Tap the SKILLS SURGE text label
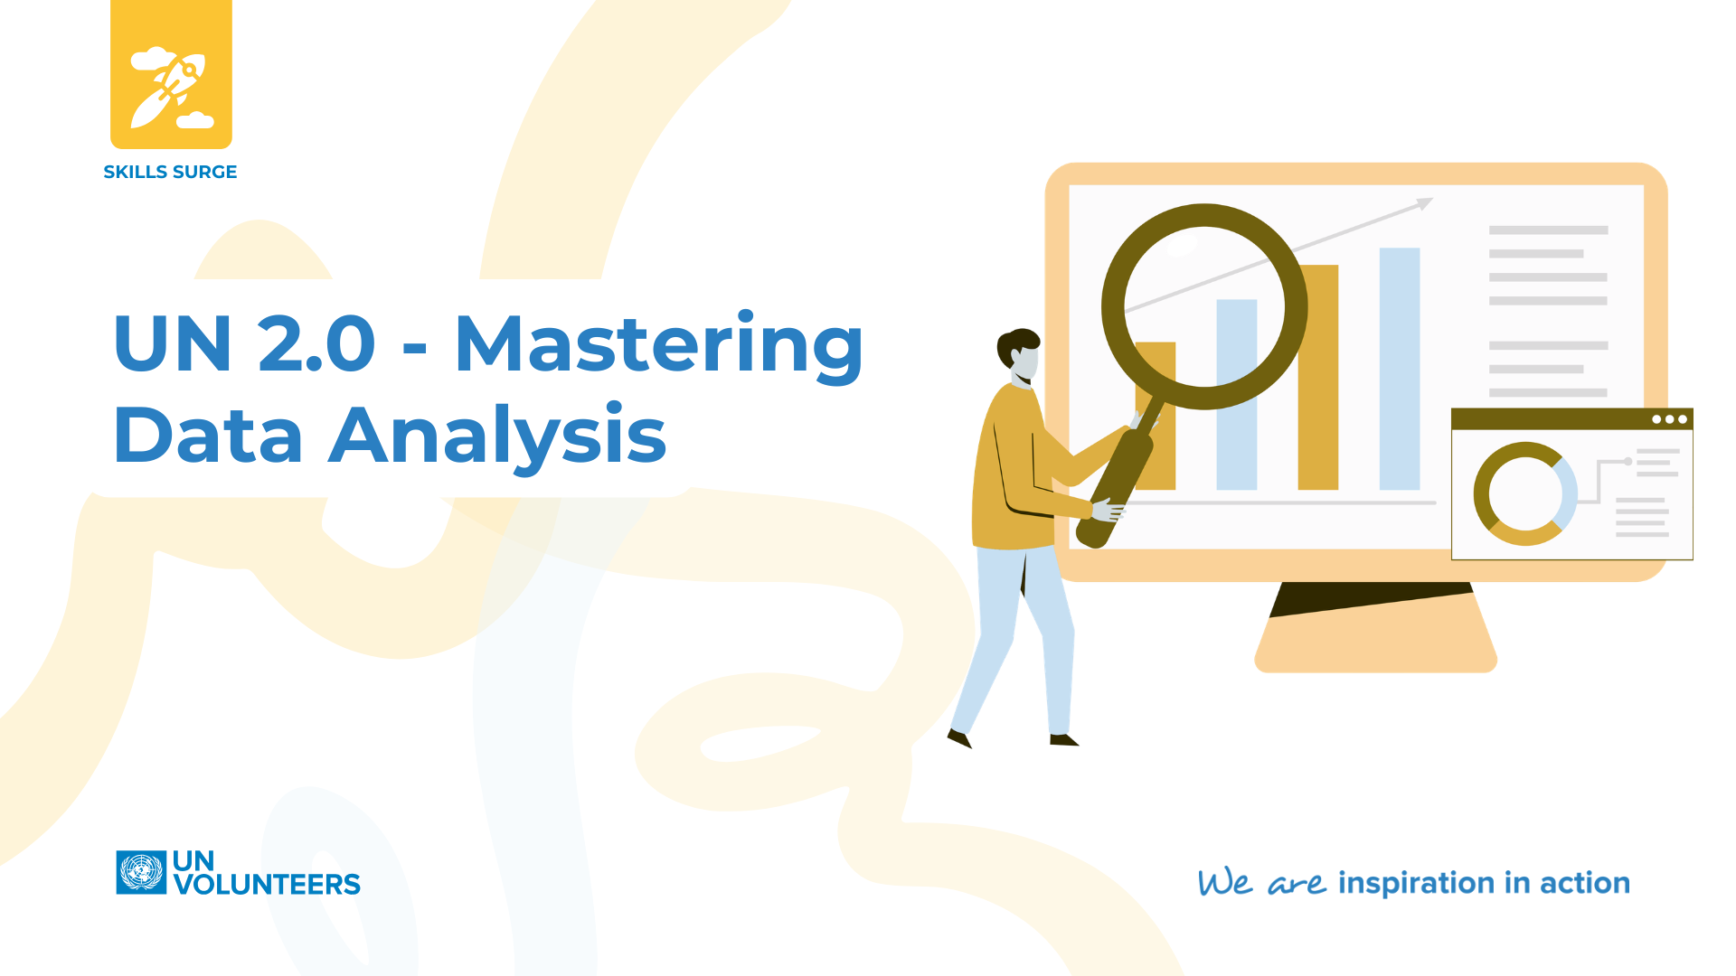pyautogui.click(x=170, y=172)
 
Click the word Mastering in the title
pyautogui.click(x=658, y=345)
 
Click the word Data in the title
pyautogui.click(x=208, y=436)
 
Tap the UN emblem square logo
pyautogui.click(x=141, y=872)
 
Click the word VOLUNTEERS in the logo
pyautogui.click(x=268, y=884)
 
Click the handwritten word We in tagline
pyautogui.click(x=1224, y=882)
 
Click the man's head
pyautogui.click(x=1020, y=354)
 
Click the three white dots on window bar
pyautogui.click(x=1669, y=419)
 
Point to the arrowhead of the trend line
pyautogui.click(x=1425, y=203)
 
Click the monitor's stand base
pyautogui.click(x=1375, y=651)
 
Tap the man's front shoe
pyautogui.click(x=1064, y=740)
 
